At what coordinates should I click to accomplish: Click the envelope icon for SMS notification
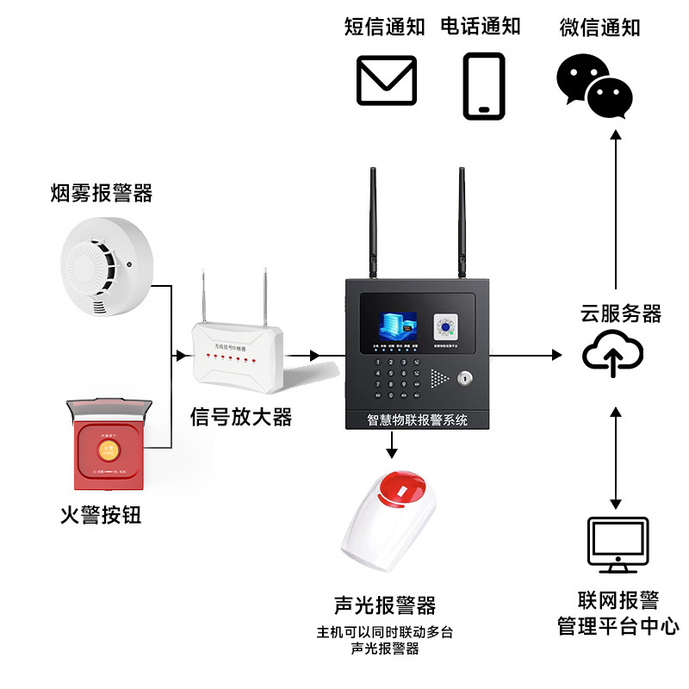click(387, 80)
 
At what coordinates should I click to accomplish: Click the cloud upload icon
click(612, 355)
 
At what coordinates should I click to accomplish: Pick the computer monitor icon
click(617, 545)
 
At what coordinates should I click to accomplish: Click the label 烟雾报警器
click(101, 193)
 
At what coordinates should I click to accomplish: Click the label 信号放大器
click(241, 419)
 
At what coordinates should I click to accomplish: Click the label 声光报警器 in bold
click(385, 605)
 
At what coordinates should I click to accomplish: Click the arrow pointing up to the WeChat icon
click(615, 207)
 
